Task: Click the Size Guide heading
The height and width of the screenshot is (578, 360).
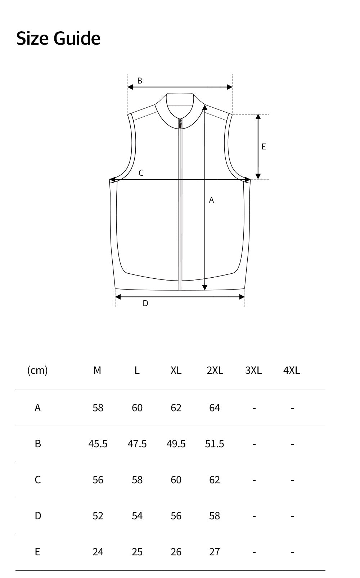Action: point(58,38)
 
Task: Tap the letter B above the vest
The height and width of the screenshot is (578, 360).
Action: point(140,81)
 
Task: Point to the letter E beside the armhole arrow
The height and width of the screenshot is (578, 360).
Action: point(264,147)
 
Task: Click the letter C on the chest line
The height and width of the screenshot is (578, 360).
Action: point(141,173)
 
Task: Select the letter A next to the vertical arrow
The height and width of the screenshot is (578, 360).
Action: point(211,200)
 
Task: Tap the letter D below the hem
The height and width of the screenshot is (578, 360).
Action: point(145,303)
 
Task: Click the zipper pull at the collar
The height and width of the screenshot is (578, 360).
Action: point(180,124)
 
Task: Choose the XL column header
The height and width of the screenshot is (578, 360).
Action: point(176,370)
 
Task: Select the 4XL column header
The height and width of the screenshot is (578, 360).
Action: point(292,370)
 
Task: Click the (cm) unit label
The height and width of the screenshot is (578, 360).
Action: point(37,370)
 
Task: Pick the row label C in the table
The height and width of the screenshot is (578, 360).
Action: point(38,480)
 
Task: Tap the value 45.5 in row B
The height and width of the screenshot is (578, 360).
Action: point(98,444)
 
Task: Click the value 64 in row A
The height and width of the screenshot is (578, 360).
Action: point(215,408)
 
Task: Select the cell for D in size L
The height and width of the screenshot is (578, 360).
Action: point(137,516)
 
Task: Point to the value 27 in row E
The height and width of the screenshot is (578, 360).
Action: point(215,552)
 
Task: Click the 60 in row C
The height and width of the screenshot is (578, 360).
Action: point(176,480)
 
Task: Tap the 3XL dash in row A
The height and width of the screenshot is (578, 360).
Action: point(254,408)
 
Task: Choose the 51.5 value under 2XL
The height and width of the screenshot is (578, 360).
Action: point(215,444)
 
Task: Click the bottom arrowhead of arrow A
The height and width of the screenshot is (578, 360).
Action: point(204,287)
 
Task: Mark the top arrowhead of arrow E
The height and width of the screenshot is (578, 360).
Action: point(258,117)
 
